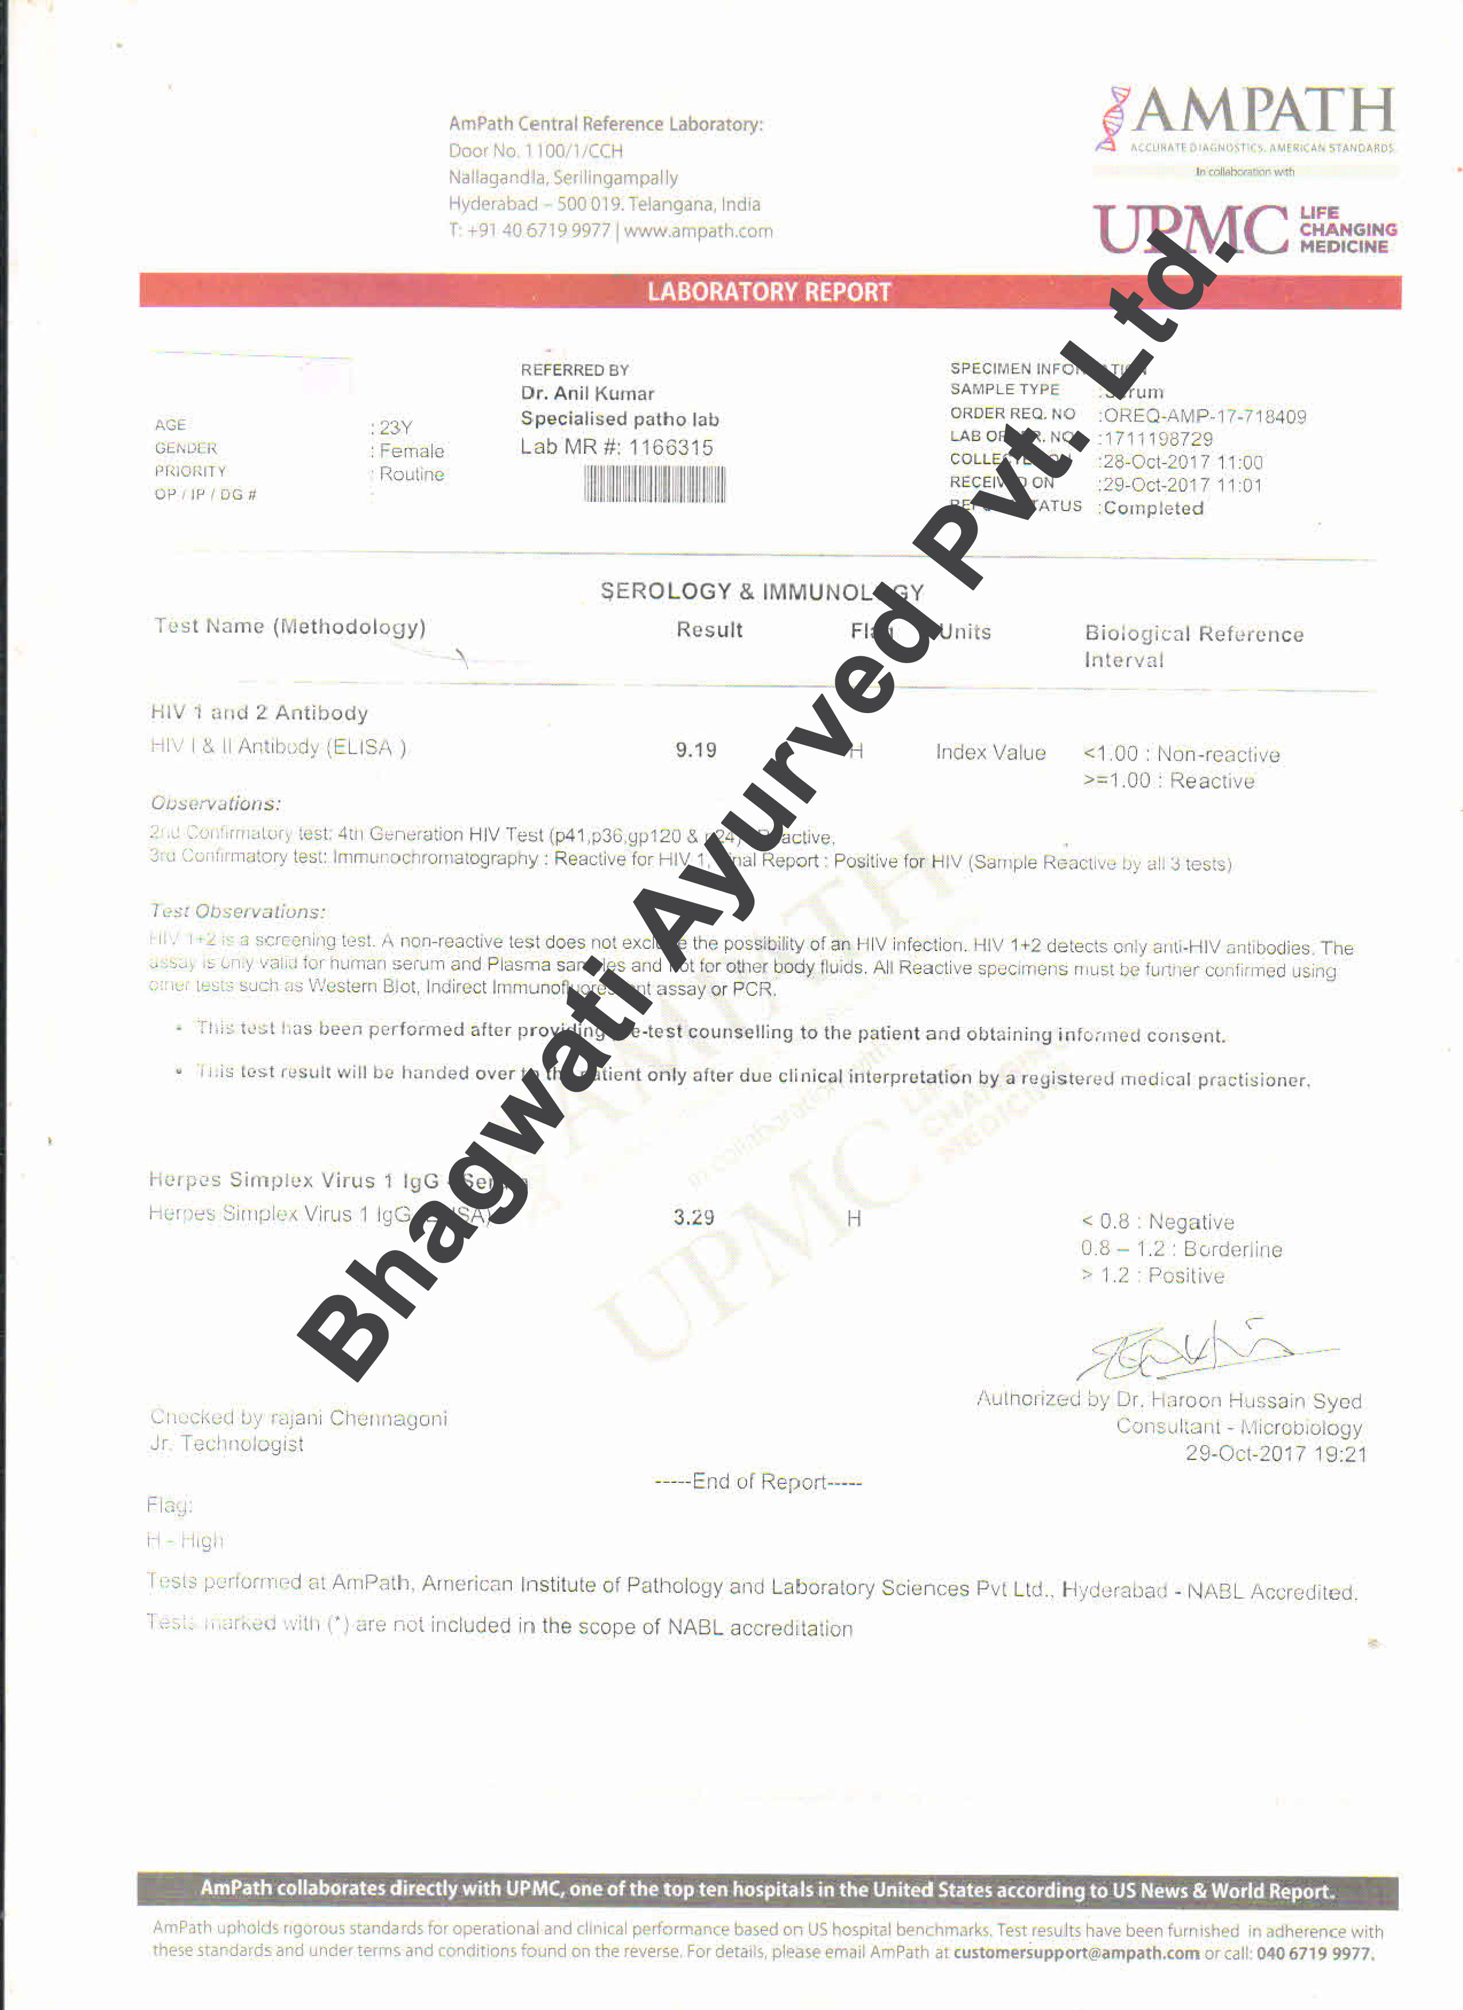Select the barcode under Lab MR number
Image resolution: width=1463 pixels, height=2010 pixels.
pyautogui.click(x=654, y=484)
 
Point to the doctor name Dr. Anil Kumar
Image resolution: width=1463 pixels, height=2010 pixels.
pyautogui.click(x=587, y=394)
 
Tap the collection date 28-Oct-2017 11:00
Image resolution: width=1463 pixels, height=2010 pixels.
pyautogui.click(x=1182, y=462)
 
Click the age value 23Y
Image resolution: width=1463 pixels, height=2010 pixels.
pyautogui.click(x=395, y=427)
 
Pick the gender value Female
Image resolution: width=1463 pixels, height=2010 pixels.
pyautogui.click(x=411, y=451)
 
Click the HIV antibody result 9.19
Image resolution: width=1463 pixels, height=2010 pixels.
pyautogui.click(x=695, y=751)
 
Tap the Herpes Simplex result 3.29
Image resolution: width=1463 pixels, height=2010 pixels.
pyautogui.click(x=693, y=1218)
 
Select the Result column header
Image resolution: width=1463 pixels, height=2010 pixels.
pyautogui.click(x=709, y=630)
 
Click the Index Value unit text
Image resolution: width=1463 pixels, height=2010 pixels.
pyautogui.click(x=991, y=753)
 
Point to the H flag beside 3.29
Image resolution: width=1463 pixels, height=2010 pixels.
pyautogui.click(x=853, y=1218)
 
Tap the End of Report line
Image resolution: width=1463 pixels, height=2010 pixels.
pyautogui.click(x=758, y=1482)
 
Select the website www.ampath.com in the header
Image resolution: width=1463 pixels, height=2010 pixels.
pyautogui.click(x=698, y=231)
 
